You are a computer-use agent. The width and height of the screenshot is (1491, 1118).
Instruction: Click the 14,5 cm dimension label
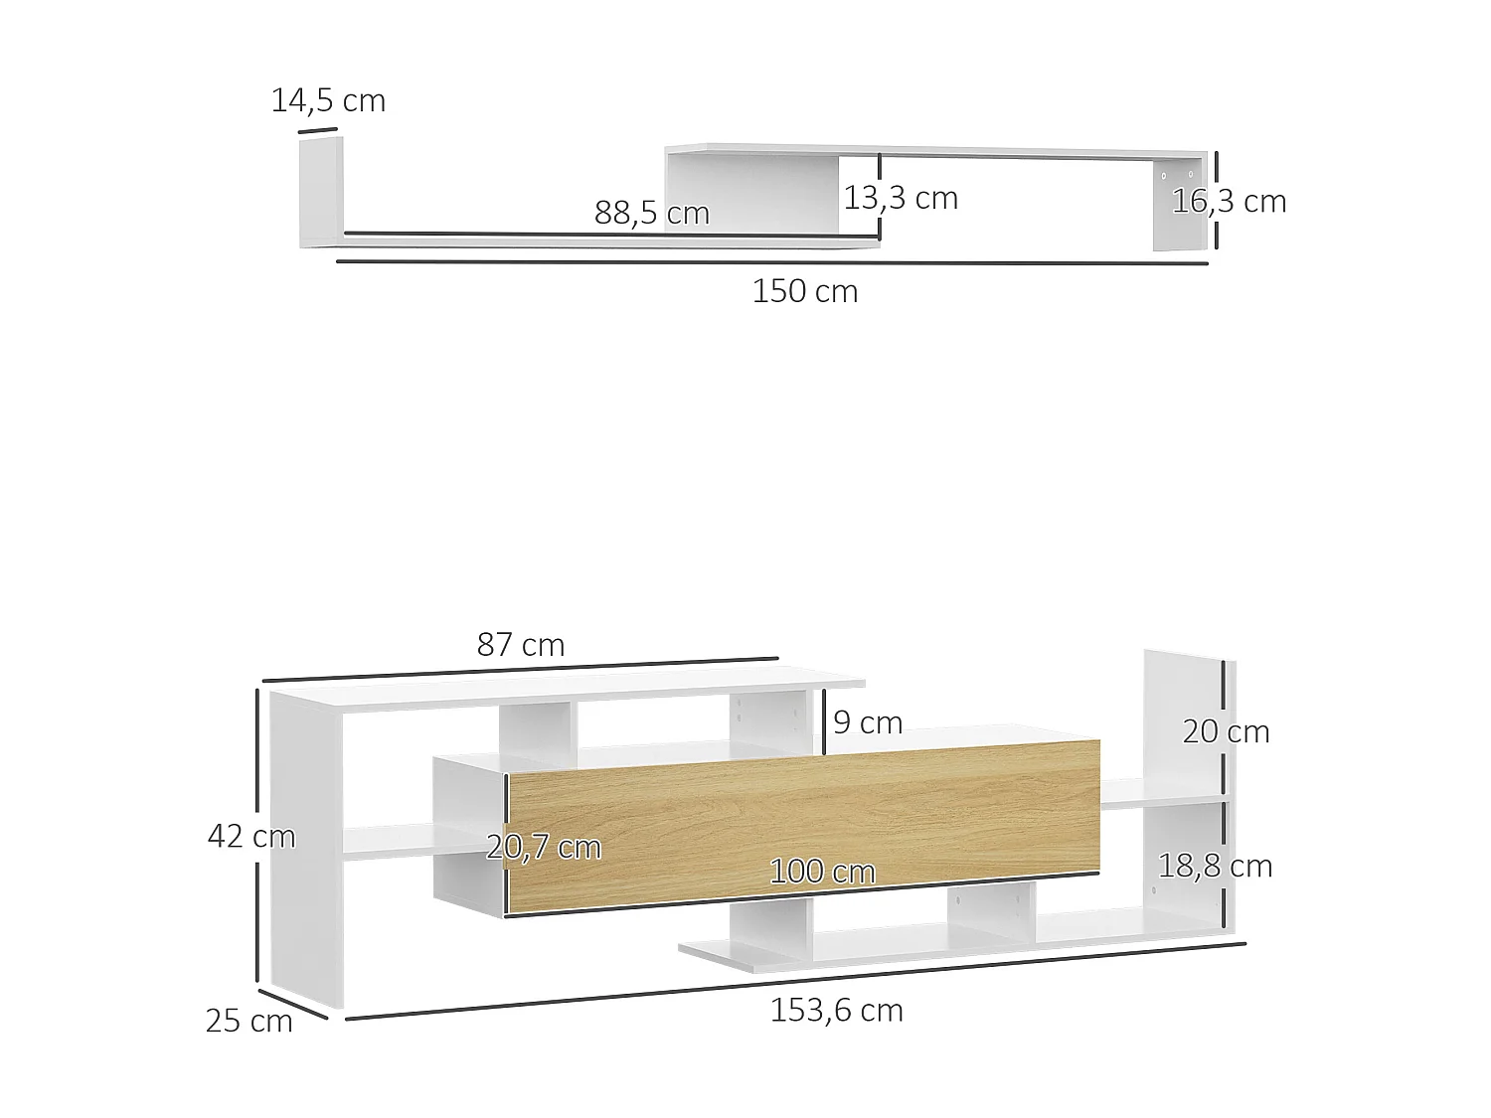pos(328,100)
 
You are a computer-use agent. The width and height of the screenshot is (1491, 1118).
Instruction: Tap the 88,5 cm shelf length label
pos(651,213)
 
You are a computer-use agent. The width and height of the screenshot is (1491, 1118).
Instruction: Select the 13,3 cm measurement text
pos(901,198)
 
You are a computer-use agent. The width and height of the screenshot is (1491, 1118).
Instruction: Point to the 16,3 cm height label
pos(1229,201)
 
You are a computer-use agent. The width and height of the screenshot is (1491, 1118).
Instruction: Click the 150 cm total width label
pos(804,291)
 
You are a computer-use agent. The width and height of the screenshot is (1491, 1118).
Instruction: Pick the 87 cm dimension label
pos(520,645)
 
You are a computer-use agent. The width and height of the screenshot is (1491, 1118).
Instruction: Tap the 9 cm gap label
pos(868,722)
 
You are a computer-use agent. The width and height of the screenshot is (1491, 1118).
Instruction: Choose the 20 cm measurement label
pos(1226,731)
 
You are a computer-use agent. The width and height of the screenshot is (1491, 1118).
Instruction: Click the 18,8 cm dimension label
pos(1215,866)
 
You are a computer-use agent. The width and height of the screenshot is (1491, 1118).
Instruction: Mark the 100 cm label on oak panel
pos(822,872)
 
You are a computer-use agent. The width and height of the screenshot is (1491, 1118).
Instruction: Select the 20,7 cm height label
pos(544,847)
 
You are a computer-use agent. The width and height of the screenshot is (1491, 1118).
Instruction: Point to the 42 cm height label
pos(250,836)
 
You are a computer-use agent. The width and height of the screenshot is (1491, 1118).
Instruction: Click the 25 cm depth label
pos(248,1021)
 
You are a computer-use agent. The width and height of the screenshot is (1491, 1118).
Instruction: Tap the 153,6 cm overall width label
pos(836,1010)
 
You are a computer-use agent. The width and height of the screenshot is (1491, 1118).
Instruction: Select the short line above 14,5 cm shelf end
pos(318,129)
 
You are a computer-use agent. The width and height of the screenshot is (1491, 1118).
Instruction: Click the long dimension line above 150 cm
pos(771,262)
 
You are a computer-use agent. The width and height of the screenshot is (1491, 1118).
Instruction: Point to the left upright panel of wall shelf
pos(320,193)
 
